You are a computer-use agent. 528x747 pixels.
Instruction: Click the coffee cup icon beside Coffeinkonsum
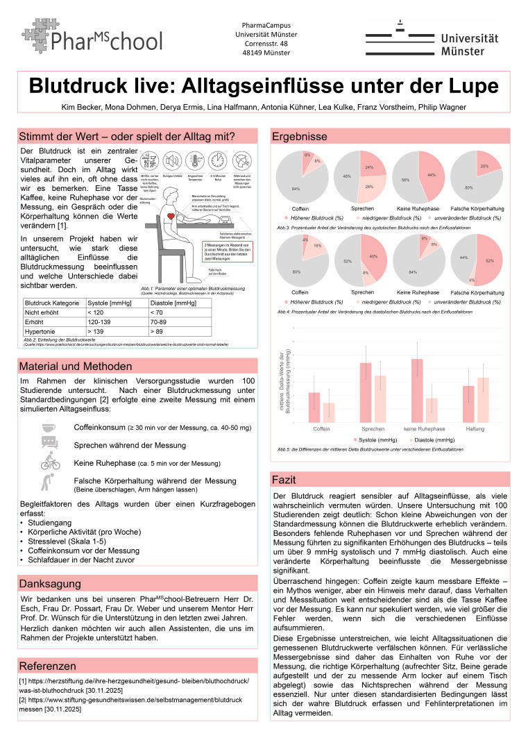[49, 428]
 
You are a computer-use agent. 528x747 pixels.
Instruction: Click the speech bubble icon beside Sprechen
[49, 444]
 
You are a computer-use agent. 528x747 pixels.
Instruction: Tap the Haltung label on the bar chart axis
[475, 428]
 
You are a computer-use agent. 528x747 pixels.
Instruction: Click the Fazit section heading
[284, 480]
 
